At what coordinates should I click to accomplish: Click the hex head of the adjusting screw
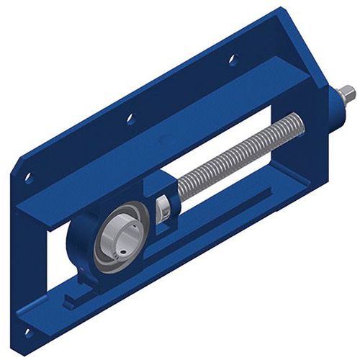click(x=347, y=93)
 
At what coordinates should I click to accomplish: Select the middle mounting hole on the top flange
click(x=130, y=117)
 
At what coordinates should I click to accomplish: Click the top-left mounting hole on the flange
click(x=29, y=176)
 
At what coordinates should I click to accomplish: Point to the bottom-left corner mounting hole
click(x=27, y=333)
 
